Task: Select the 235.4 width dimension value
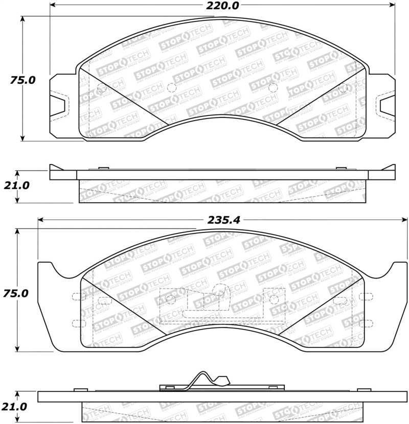click(x=223, y=220)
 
